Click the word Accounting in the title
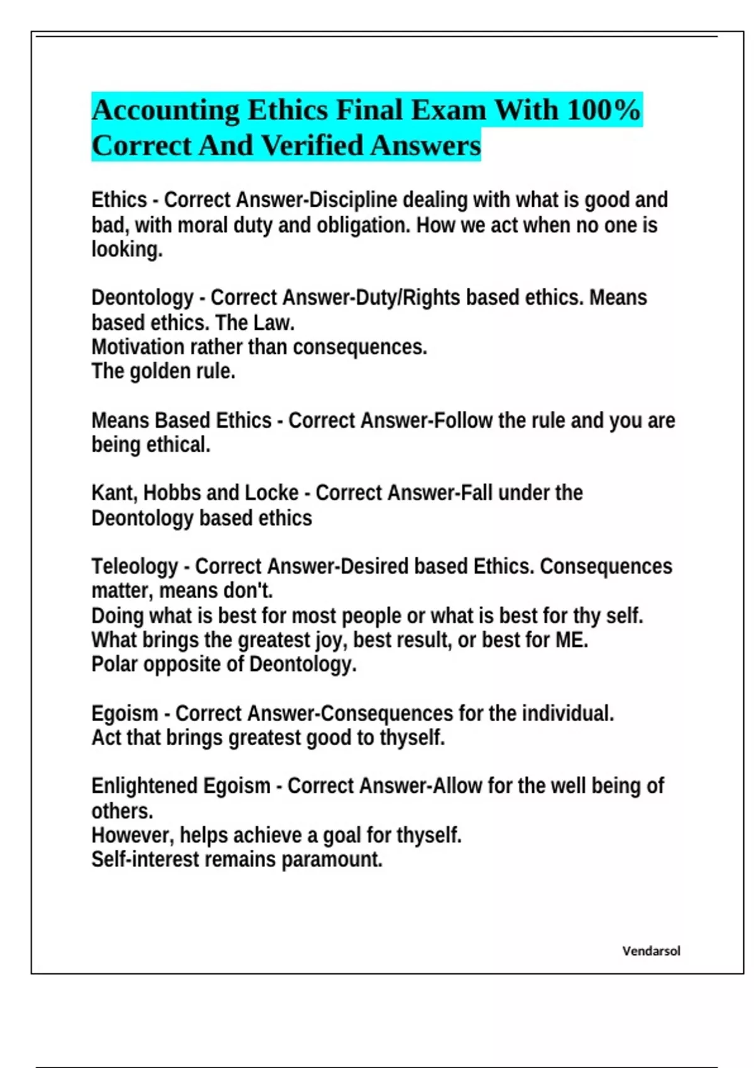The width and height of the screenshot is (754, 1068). tap(165, 111)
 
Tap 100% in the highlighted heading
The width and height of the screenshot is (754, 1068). tap(603, 110)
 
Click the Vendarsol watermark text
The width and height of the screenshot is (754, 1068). tap(651, 951)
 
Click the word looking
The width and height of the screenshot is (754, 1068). tap(127, 249)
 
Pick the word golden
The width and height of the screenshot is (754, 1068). tap(162, 371)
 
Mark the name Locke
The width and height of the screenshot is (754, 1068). tap(271, 493)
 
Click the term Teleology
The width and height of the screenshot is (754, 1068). tap(134, 567)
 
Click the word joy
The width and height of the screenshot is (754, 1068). tap(333, 640)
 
